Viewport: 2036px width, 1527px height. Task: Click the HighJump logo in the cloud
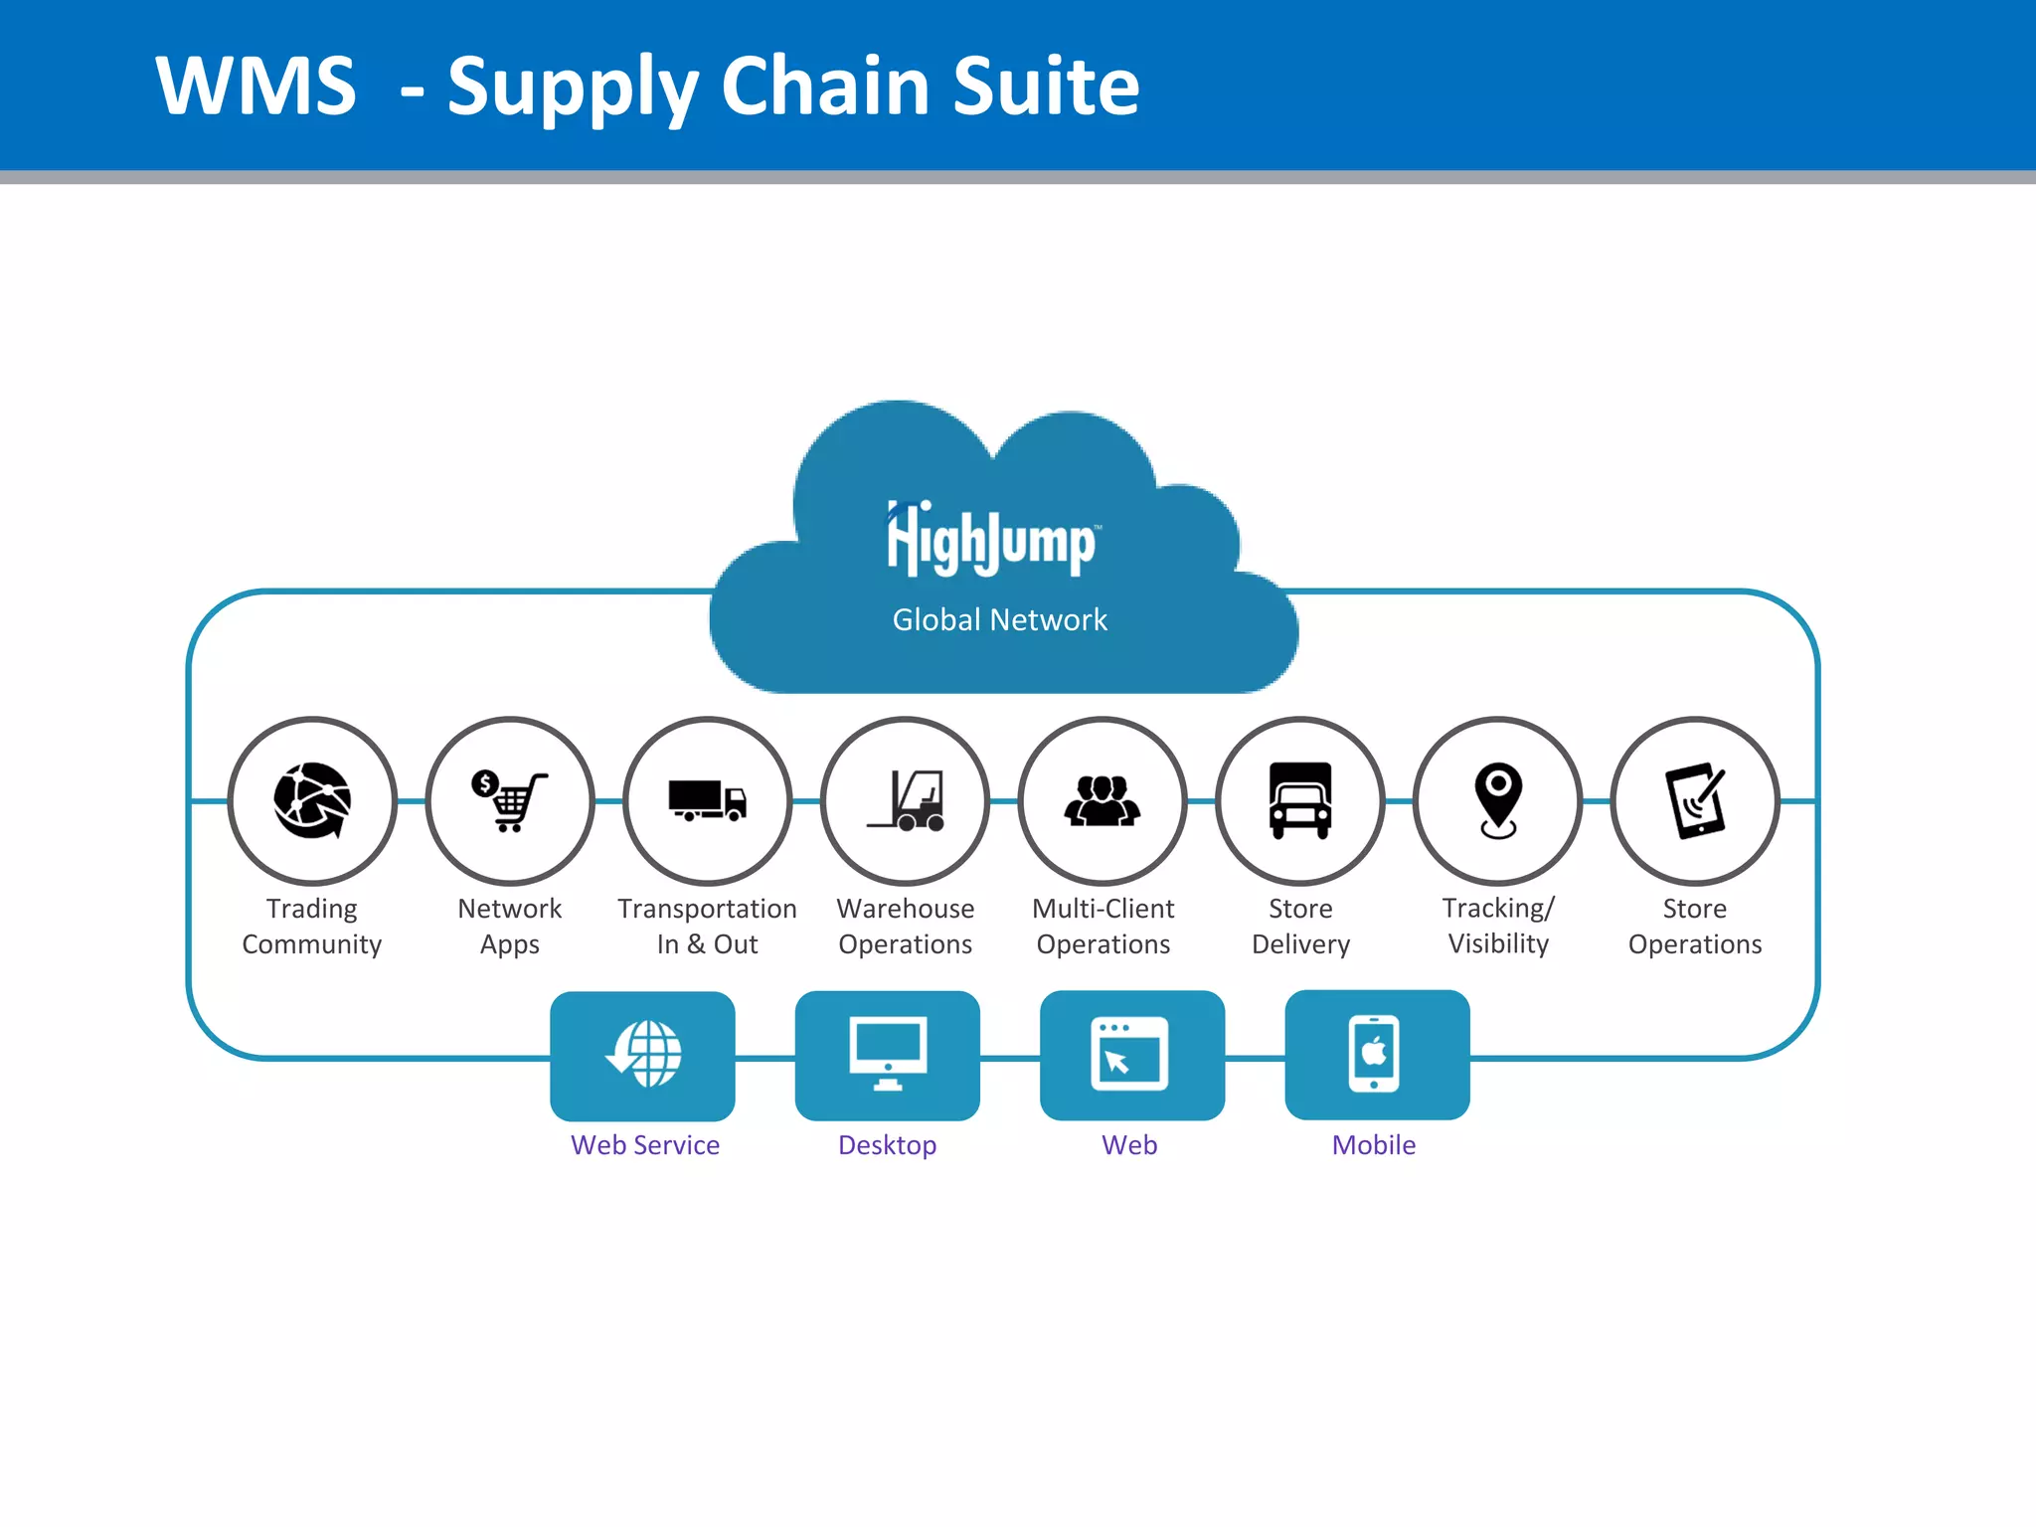[x=992, y=540]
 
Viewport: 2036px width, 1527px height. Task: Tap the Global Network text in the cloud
[x=999, y=619]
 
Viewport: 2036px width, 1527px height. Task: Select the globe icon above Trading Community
[x=312, y=800]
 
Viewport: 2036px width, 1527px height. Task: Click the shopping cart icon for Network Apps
[x=510, y=800]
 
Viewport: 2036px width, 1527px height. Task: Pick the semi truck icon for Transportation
[x=707, y=800]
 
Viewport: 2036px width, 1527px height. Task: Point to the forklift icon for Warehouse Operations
[x=906, y=800]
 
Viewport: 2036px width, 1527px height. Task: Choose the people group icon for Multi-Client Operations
[x=1103, y=800]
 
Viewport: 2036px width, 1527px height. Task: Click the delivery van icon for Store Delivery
[x=1300, y=800]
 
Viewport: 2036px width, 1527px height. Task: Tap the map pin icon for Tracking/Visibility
[x=1498, y=800]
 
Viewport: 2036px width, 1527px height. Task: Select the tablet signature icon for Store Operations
[x=1695, y=800]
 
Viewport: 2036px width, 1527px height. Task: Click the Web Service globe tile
[x=643, y=1055]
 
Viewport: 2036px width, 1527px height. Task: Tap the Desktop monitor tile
[x=888, y=1055]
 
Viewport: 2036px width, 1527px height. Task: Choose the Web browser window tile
[x=1132, y=1055]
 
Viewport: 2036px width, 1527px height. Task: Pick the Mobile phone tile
[x=1377, y=1055]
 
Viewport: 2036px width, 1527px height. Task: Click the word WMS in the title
[x=256, y=86]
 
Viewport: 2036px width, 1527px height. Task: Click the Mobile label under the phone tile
[x=1374, y=1145]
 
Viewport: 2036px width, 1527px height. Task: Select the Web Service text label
[x=645, y=1145]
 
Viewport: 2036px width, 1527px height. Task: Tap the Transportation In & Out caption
[x=707, y=926]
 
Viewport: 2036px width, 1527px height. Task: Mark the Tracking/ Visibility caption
[x=1498, y=926]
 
